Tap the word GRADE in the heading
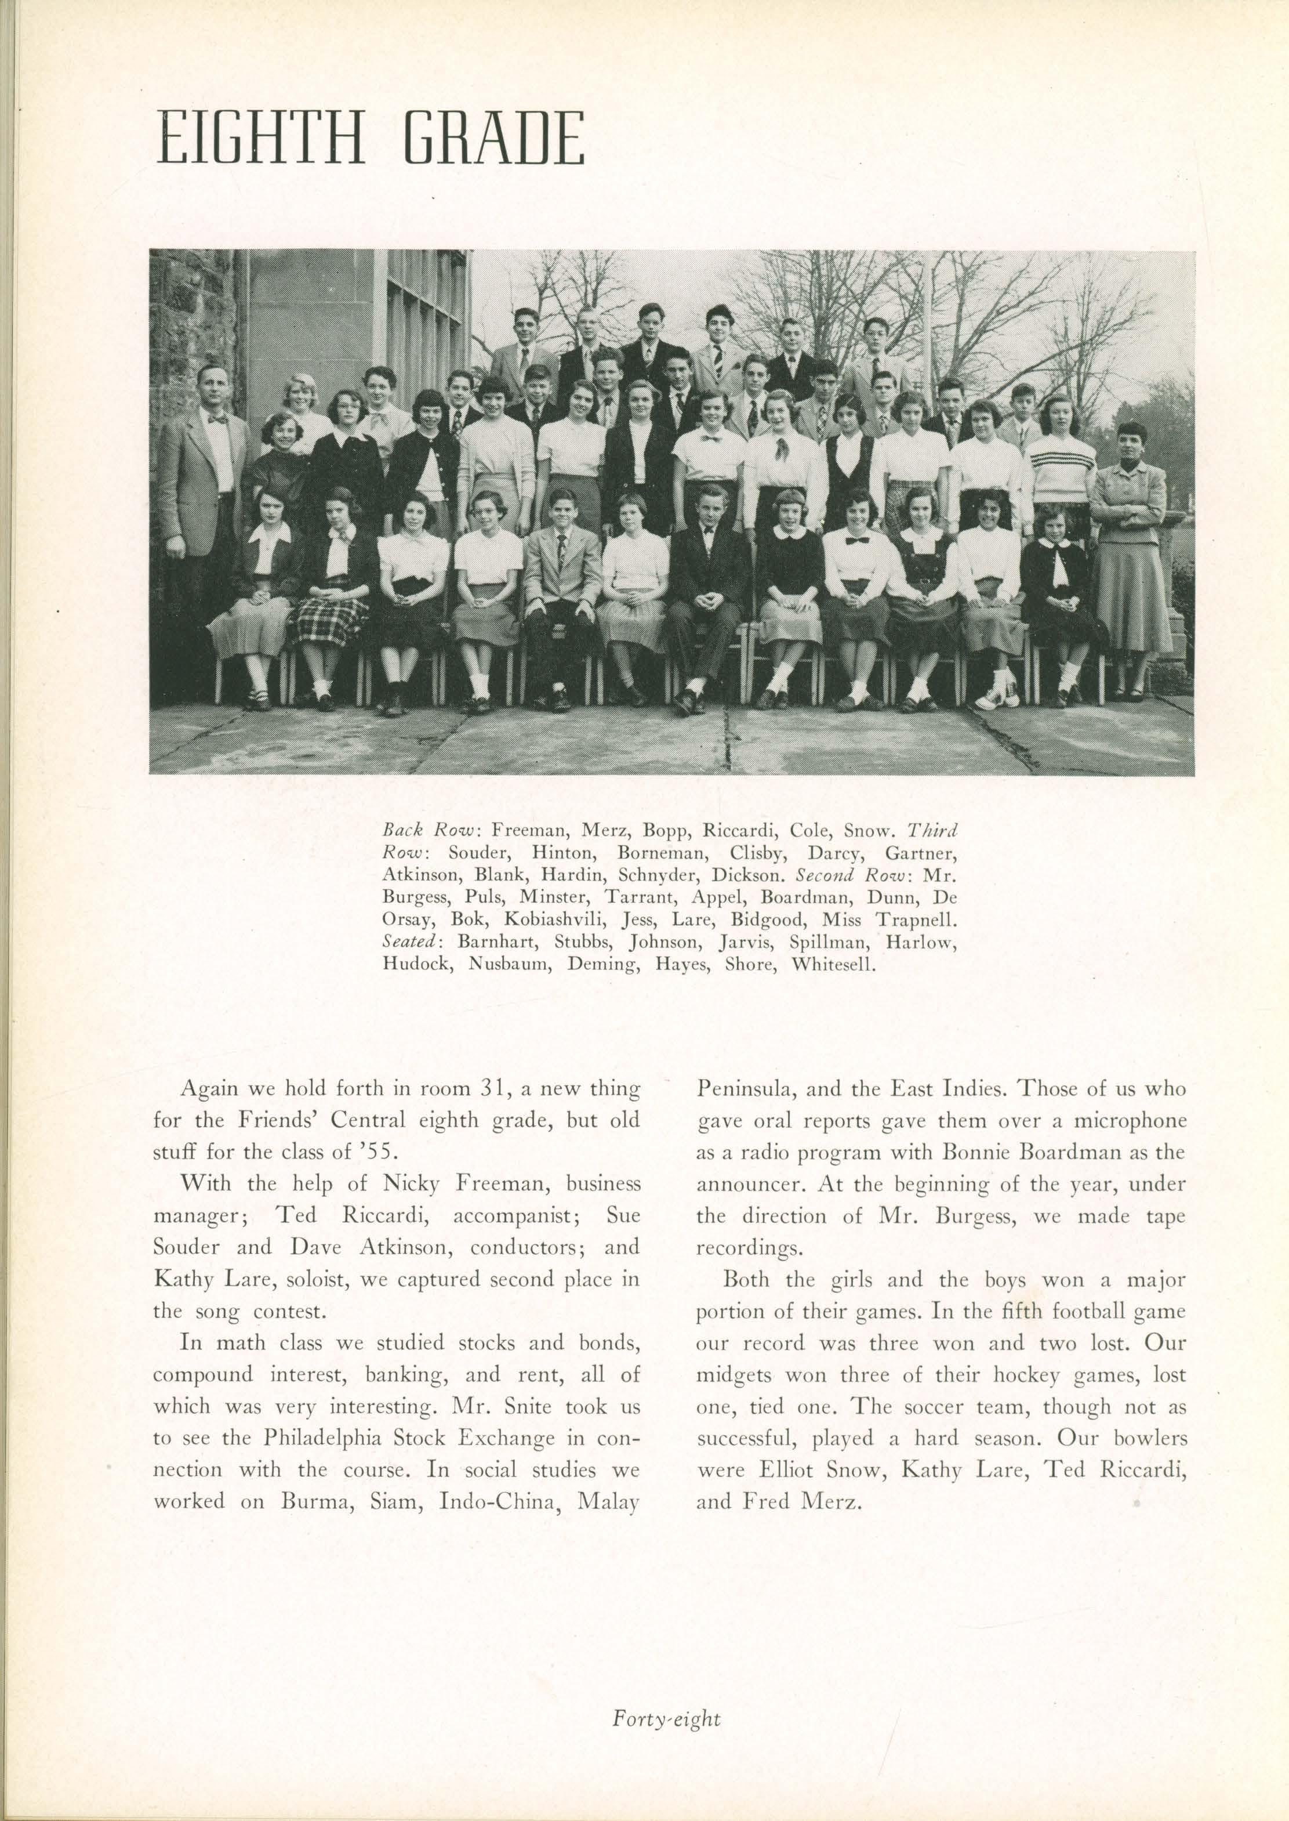(493, 140)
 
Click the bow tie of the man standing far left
(217, 418)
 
